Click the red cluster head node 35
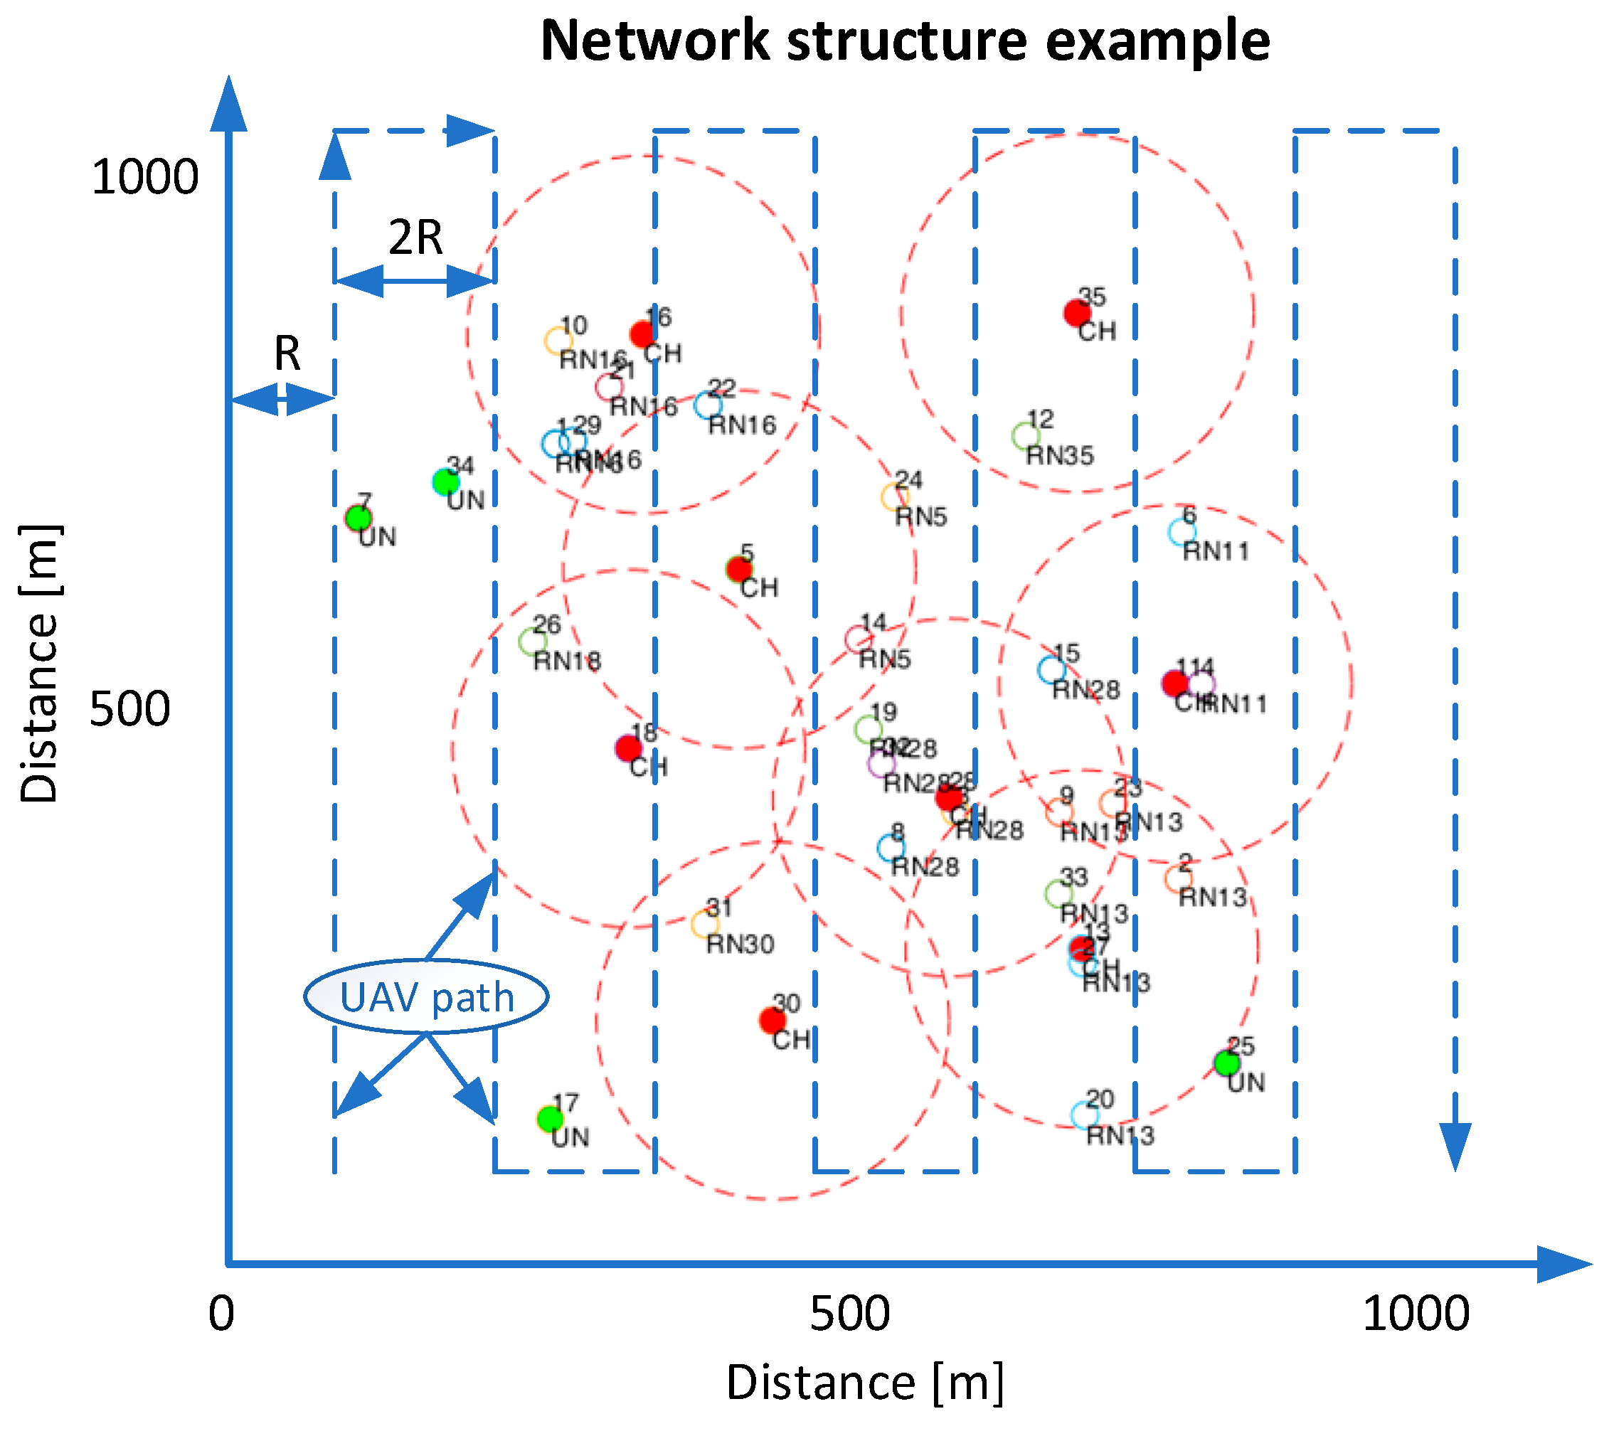click(x=1076, y=313)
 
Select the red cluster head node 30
click(x=772, y=1021)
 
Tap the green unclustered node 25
click(x=1226, y=1063)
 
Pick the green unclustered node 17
click(x=550, y=1118)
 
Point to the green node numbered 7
click(x=359, y=518)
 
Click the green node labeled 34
click(x=445, y=482)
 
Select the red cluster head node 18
click(x=629, y=747)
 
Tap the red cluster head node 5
click(x=738, y=568)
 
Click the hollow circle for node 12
click(x=1025, y=435)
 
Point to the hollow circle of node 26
click(x=532, y=642)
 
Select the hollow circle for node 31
click(x=704, y=924)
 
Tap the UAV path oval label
click(x=426, y=996)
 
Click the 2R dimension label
click(x=415, y=237)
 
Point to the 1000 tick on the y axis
click(x=145, y=177)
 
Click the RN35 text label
click(x=1060, y=456)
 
